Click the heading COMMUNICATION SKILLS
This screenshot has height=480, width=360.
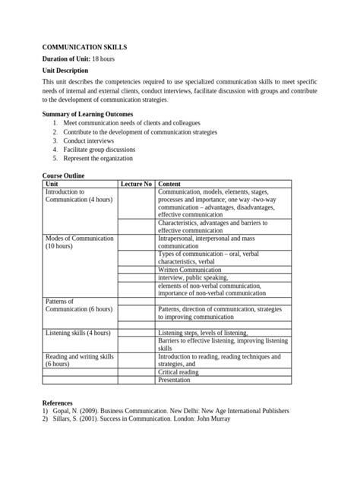[x=84, y=47]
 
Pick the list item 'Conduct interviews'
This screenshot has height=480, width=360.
[x=89, y=141]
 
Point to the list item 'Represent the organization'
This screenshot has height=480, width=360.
[x=99, y=159]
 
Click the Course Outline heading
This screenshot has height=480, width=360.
[x=63, y=176]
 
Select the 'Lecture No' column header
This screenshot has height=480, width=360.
[x=137, y=185]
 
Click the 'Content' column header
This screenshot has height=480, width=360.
[x=169, y=185]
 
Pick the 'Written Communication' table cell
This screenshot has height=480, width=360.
[x=190, y=270]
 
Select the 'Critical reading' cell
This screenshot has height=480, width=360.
[x=178, y=372]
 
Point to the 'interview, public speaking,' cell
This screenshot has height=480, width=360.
[x=196, y=278]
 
